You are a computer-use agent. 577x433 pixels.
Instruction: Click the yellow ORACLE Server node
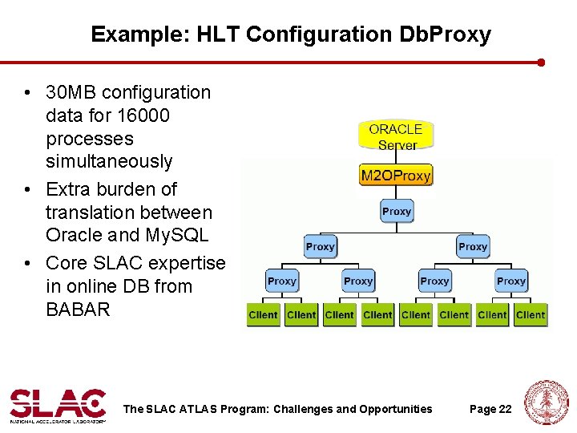pyautogui.click(x=396, y=136)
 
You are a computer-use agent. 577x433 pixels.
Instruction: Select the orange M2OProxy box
pyautogui.click(x=396, y=176)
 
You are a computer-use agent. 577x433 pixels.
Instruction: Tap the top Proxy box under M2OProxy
pyautogui.click(x=397, y=212)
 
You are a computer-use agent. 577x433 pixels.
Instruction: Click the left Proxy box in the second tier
pyautogui.click(x=320, y=246)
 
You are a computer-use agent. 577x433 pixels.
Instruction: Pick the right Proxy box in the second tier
pyautogui.click(x=473, y=246)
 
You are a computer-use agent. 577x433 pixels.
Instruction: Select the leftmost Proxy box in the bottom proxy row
pyautogui.click(x=282, y=281)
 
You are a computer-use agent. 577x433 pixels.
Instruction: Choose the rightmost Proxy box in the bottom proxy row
pyautogui.click(x=510, y=281)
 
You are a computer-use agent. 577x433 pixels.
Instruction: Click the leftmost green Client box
pyautogui.click(x=264, y=315)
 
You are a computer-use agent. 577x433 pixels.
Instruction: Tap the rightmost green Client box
pyautogui.click(x=531, y=315)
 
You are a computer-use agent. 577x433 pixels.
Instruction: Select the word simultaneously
pyautogui.click(x=109, y=161)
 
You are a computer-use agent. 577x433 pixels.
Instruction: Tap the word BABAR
pyautogui.click(x=78, y=309)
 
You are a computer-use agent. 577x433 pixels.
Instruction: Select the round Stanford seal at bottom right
pyautogui.click(x=547, y=403)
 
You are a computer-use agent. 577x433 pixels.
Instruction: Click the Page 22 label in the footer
pyautogui.click(x=490, y=409)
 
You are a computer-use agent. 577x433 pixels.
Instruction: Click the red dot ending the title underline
pyautogui.click(x=541, y=62)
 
